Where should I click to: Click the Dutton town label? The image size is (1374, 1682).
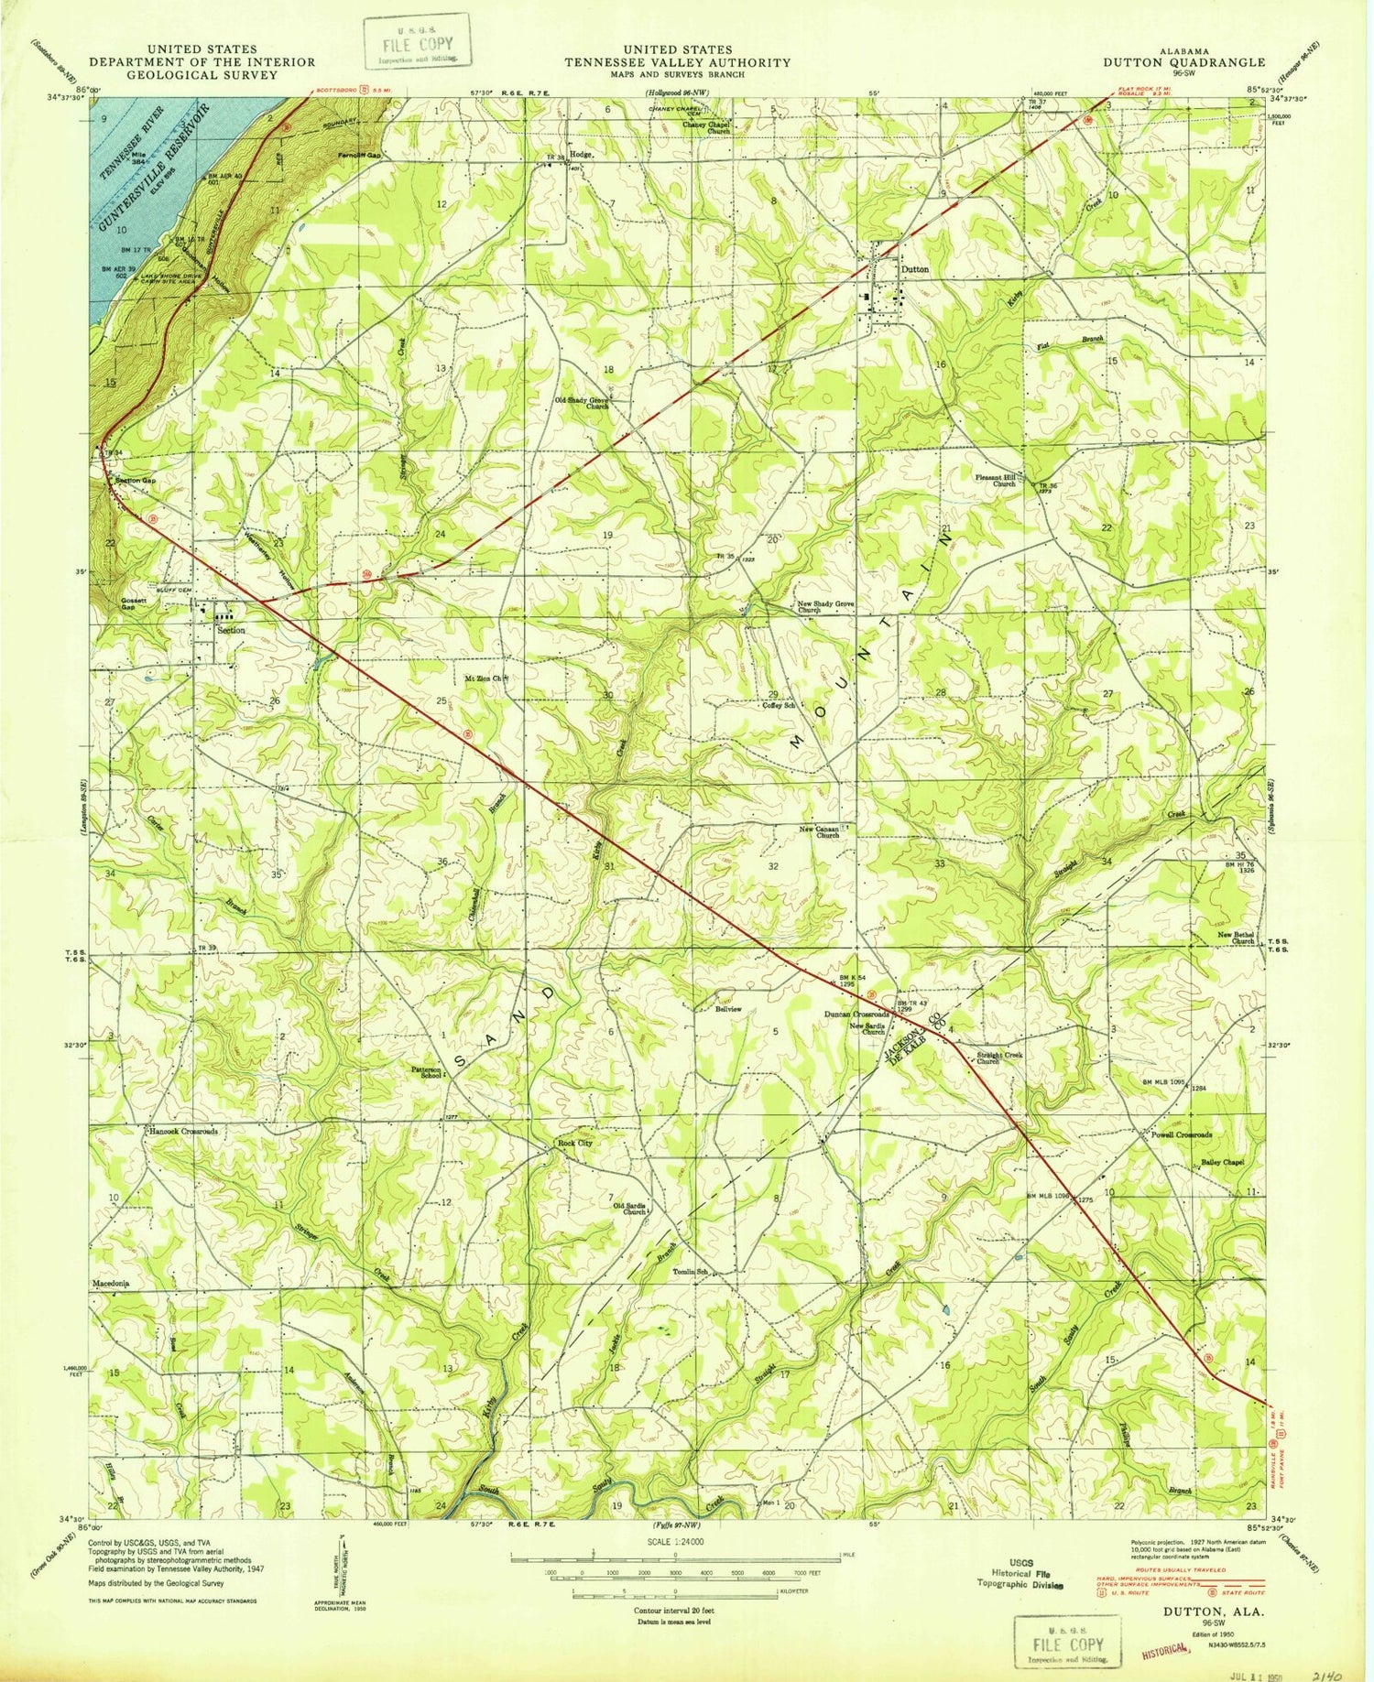(914, 270)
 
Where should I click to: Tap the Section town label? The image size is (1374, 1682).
(231, 630)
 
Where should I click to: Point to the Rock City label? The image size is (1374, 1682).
(575, 1144)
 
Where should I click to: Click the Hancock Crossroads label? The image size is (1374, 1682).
(183, 1132)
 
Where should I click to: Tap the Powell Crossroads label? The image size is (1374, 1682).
(1182, 1134)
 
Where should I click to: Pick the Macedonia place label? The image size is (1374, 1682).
(110, 1284)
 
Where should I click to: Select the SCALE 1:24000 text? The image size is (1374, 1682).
(675, 1541)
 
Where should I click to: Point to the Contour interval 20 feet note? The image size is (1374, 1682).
(675, 1610)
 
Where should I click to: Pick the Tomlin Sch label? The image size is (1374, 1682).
(692, 1273)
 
